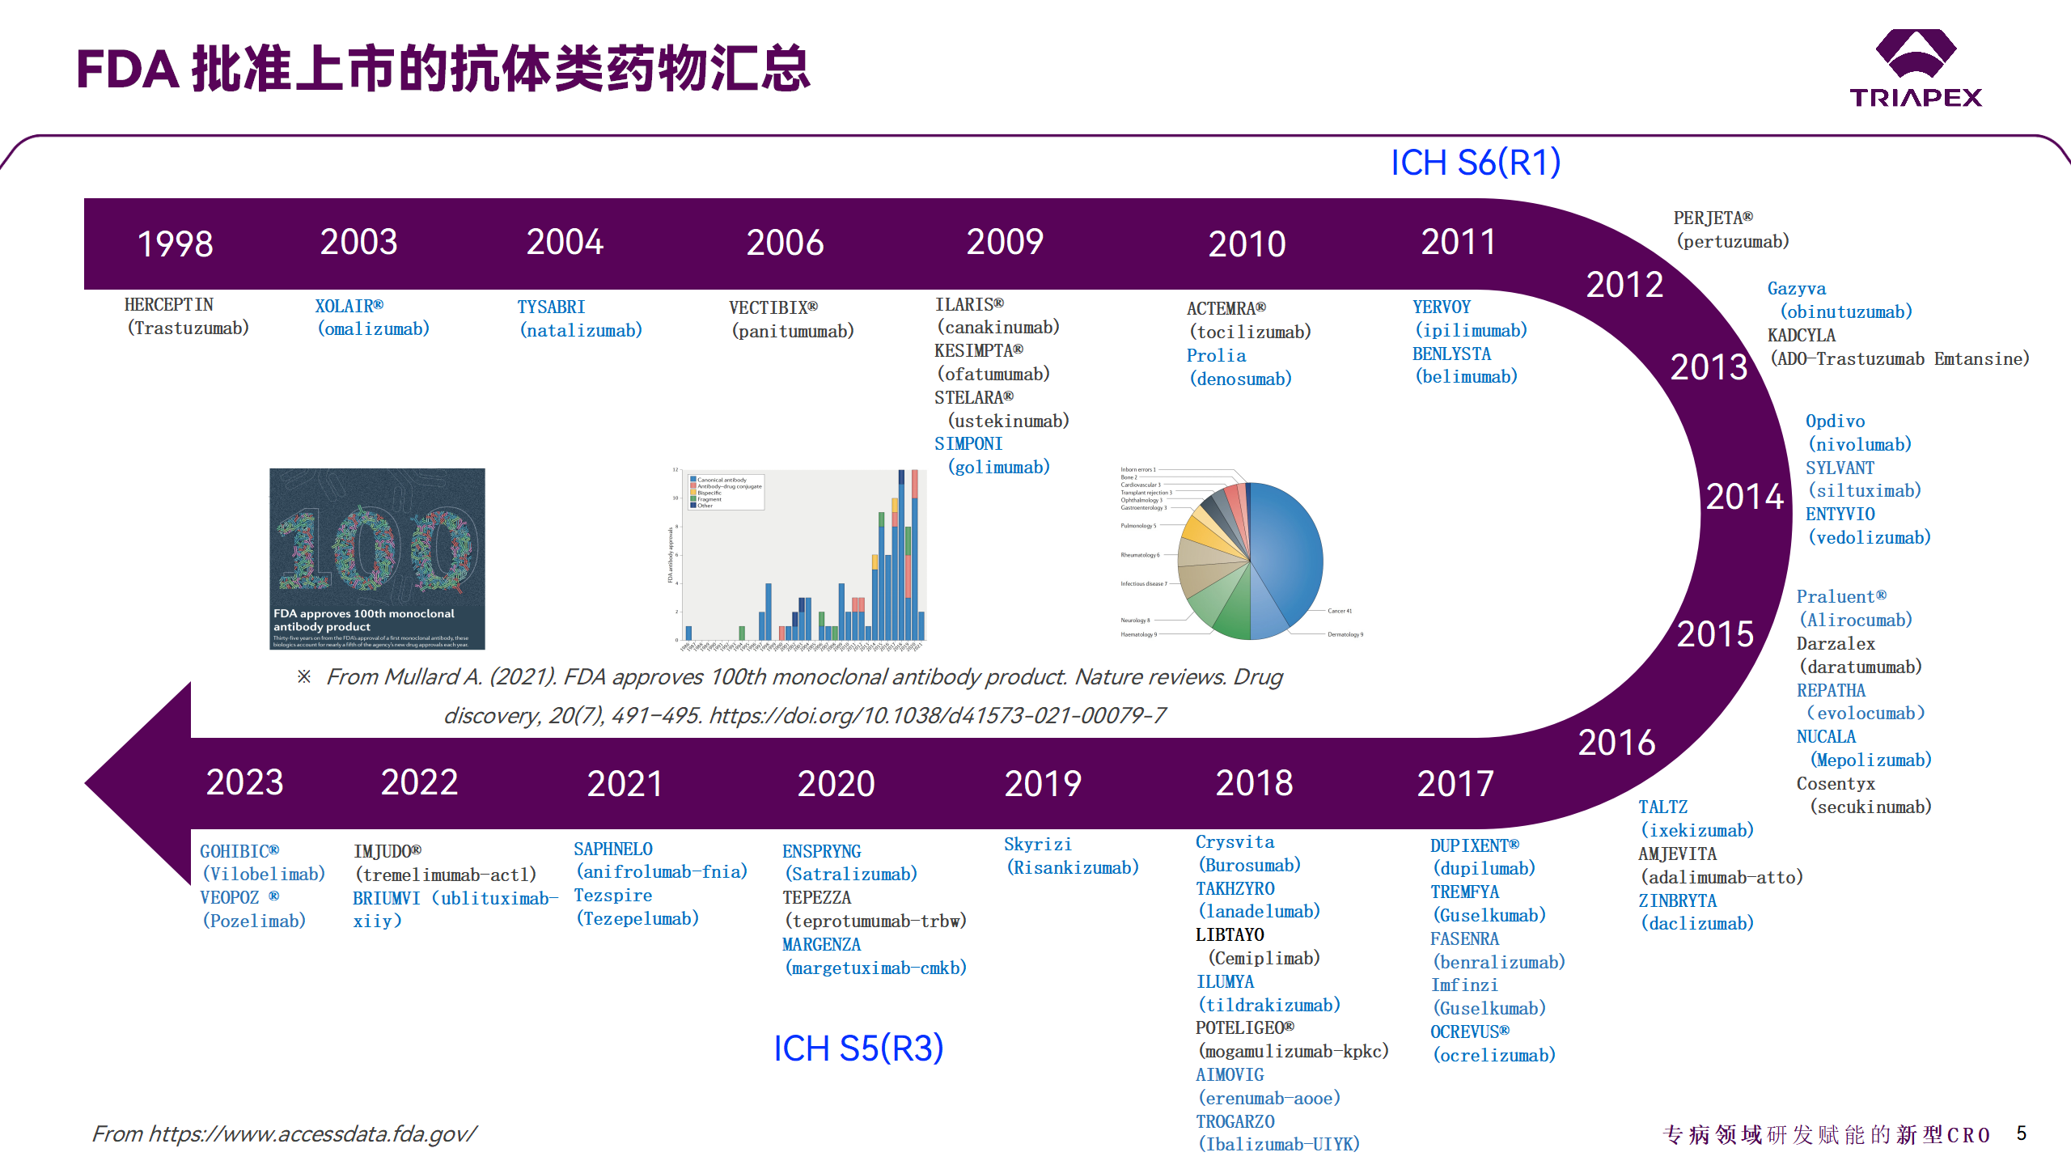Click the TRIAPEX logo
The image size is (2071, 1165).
(1915, 68)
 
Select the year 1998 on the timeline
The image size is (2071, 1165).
(175, 244)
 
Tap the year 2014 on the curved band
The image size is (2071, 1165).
(1744, 497)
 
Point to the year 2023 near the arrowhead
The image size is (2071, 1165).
(244, 782)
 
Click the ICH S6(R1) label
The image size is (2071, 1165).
(1475, 163)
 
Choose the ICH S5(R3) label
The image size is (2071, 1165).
(858, 1048)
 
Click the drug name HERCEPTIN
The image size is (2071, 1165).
(168, 305)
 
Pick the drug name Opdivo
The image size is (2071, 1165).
(1834, 422)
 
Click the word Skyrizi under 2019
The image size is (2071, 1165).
(1037, 845)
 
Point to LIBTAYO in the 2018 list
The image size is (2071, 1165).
(1229, 935)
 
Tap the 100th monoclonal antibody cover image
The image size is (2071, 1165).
(377, 558)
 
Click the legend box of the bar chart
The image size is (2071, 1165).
(726, 493)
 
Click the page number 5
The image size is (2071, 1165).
(2021, 1133)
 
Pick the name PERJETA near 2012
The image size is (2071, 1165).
(1712, 218)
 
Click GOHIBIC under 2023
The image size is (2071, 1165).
(239, 852)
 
